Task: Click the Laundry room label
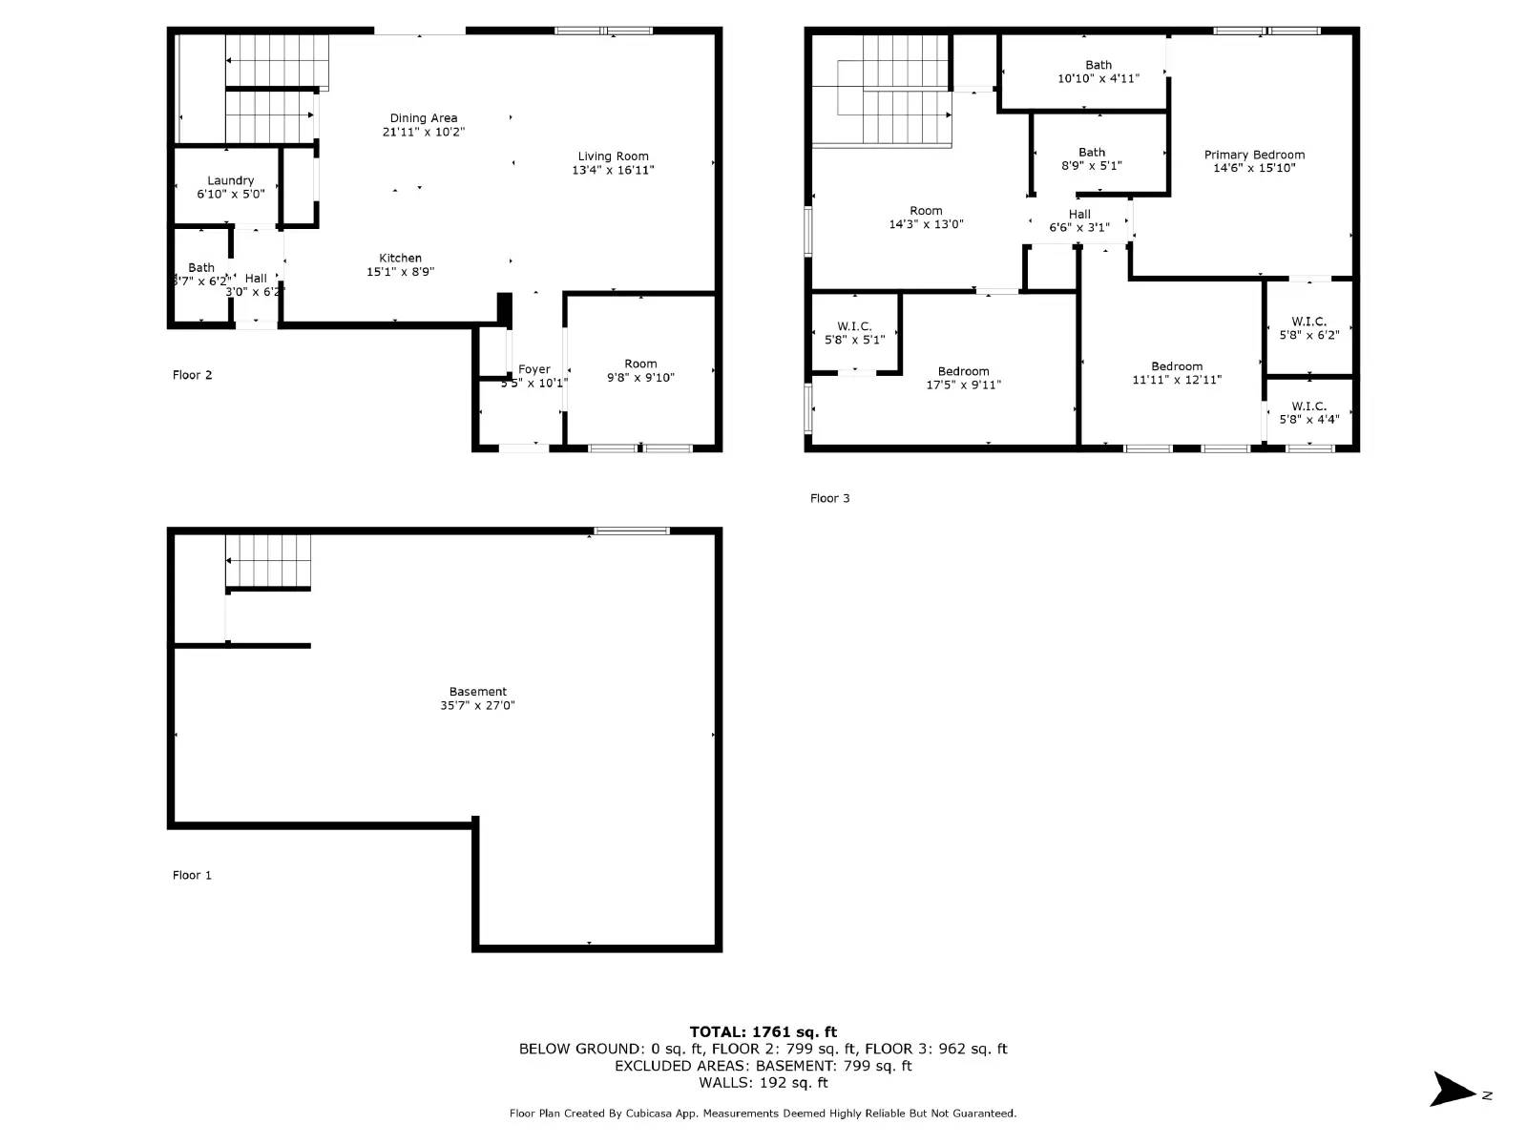(x=231, y=180)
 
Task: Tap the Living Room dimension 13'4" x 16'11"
(x=613, y=170)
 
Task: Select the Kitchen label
(x=400, y=258)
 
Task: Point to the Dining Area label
(x=423, y=118)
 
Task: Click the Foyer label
(x=533, y=369)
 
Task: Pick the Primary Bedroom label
(x=1254, y=155)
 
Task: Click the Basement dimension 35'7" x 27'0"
(x=477, y=705)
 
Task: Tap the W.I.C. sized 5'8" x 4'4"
(x=1308, y=412)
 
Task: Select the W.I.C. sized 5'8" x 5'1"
(x=854, y=332)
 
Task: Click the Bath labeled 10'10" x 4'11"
(x=1098, y=72)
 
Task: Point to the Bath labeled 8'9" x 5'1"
(x=1091, y=158)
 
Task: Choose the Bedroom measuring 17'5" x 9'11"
(x=963, y=378)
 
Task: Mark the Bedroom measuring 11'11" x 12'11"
(x=1176, y=372)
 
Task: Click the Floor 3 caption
(x=829, y=498)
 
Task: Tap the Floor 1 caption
(x=192, y=875)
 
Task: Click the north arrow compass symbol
(x=1455, y=1090)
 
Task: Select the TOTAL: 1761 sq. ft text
(x=763, y=1031)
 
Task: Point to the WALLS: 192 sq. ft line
(x=763, y=1082)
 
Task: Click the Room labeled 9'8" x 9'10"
(x=640, y=370)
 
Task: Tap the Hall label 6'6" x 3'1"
(x=1079, y=220)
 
